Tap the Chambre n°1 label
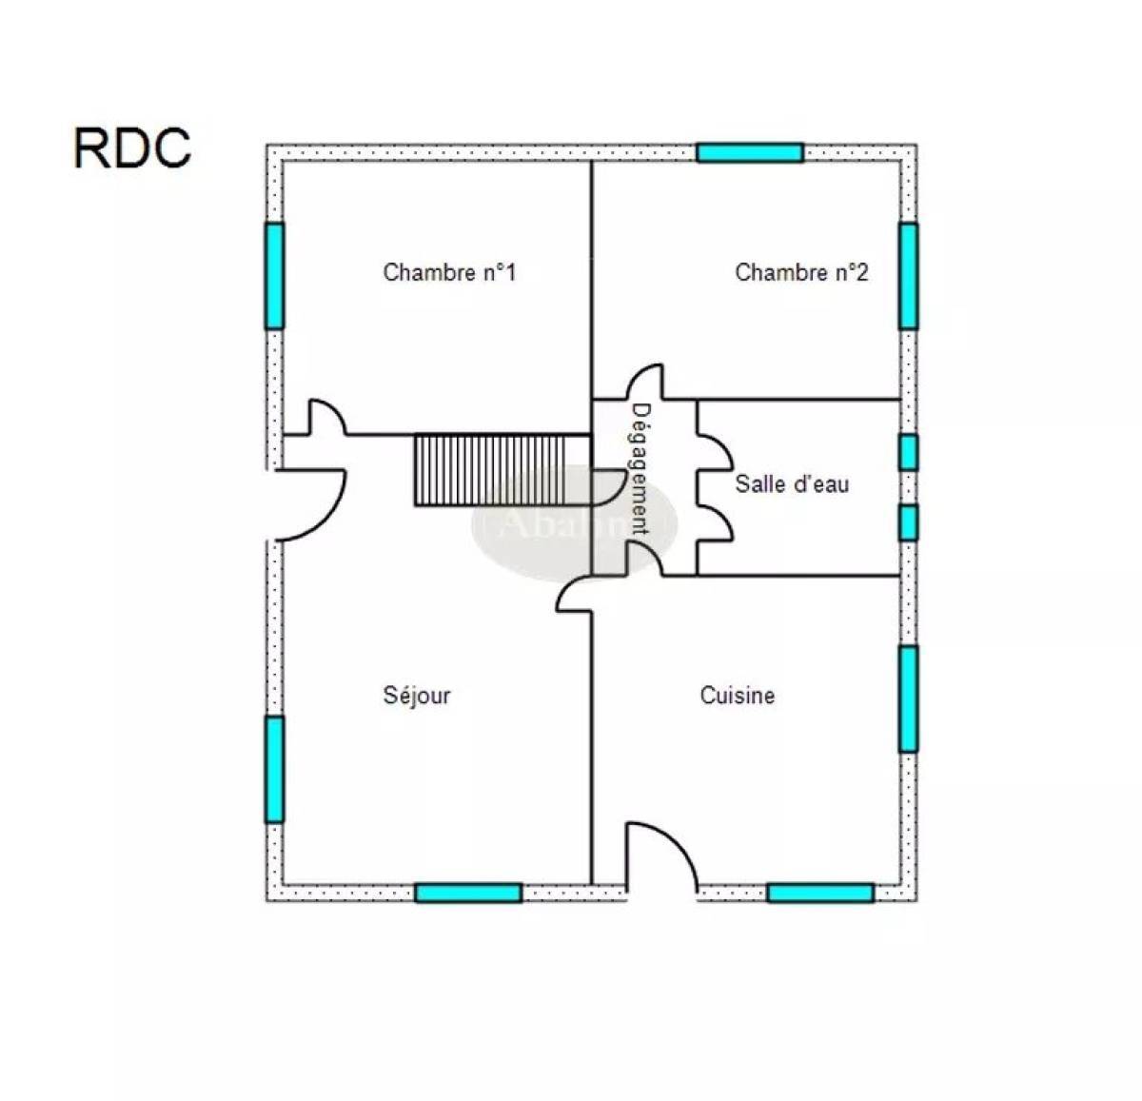click(449, 273)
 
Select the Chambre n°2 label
click(801, 273)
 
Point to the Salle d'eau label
click(792, 484)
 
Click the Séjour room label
click(417, 696)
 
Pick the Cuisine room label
click(738, 696)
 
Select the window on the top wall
click(750, 153)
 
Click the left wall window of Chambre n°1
click(275, 276)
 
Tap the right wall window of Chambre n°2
click(909, 276)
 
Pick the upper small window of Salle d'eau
click(909, 452)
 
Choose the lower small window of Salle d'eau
click(909, 522)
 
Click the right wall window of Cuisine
click(909, 698)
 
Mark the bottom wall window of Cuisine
click(820, 893)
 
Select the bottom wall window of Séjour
click(468, 893)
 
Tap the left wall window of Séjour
click(275, 769)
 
